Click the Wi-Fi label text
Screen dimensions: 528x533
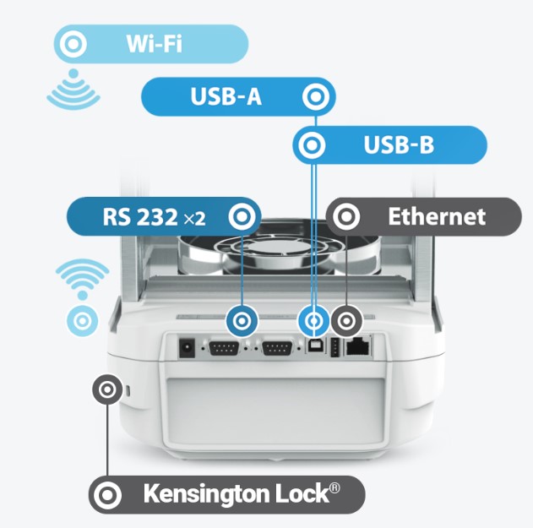tap(155, 43)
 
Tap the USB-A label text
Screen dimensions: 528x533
tap(226, 97)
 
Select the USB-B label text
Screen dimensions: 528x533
tap(399, 145)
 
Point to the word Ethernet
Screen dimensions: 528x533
tap(436, 217)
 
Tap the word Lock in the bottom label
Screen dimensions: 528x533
tap(307, 494)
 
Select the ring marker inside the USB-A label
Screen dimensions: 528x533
tap(317, 96)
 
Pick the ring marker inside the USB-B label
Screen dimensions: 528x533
tap(311, 145)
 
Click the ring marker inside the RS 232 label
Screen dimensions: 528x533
tap(242, 217)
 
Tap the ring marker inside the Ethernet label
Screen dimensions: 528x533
tap(344, 217)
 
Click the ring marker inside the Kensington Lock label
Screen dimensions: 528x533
tap(107, 494)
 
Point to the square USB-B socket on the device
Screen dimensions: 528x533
tap(313, 347)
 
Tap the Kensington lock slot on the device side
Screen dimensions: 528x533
tap(128, 391)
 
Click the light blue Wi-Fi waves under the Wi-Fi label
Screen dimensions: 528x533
tap(74, 95)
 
